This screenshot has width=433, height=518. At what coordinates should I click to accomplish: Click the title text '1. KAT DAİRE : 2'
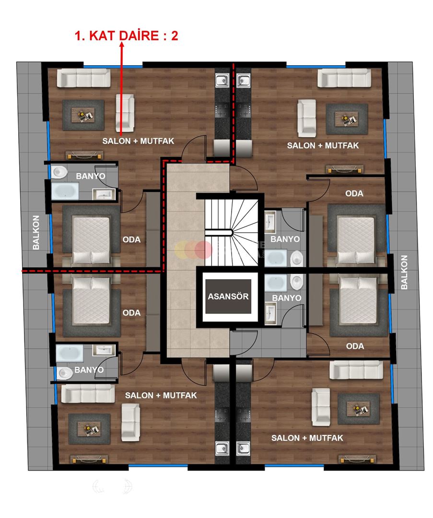click(x=127, y=36)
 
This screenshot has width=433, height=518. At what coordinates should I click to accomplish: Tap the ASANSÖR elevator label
click(x=228, y=296)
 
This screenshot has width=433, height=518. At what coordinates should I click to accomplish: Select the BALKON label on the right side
click(x=404, y=272)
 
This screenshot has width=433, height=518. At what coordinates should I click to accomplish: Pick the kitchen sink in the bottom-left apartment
click(x=221, y=449)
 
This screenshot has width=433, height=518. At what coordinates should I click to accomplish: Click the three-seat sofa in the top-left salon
click(x=83, y=78)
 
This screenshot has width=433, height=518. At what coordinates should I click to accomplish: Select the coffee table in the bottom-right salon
click(x=358, y=409)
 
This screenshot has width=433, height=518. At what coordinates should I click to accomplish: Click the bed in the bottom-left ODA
click(x=91, y=299)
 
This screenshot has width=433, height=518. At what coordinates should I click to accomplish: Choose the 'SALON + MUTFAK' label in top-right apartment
click(x=323, y=145)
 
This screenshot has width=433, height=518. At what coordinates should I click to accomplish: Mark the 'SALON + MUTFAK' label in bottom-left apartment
click(x=161, y=396)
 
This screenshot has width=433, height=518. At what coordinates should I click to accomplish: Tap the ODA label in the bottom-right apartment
click(x=355, y=346)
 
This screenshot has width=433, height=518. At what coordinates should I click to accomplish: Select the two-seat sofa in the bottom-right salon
click(x=321, y=407)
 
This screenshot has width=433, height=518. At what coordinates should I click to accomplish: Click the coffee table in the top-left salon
click(x=83, y=115)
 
